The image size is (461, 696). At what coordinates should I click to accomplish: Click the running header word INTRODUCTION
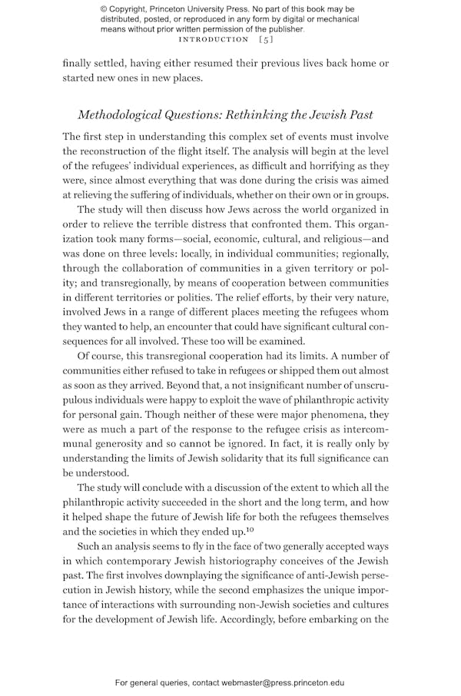[x=213, y=39]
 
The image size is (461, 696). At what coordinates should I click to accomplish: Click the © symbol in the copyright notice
[x=104, y=8]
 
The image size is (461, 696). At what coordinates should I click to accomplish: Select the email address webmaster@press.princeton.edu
[x=284, y=682]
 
